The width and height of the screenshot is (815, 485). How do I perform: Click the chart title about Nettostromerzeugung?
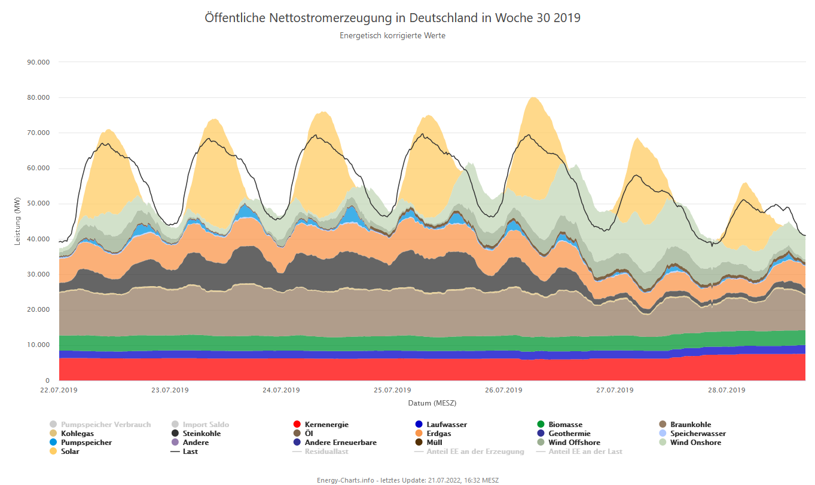[392, 18]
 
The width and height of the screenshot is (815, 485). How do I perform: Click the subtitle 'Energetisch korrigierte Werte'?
[392, 36]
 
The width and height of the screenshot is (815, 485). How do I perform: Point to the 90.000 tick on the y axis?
[39, 62]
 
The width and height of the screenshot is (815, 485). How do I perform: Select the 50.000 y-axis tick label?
[39, 204]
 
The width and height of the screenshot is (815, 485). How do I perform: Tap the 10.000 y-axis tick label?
[39, 345]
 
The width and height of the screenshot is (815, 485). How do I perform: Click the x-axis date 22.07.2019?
[59, 391]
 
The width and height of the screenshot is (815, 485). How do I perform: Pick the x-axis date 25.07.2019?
[392, 391]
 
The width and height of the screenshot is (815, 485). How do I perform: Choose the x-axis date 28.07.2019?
[726, 391]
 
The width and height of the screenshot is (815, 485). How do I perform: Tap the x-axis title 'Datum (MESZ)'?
[432, 403]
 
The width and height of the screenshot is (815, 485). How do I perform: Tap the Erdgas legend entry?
[439, 434]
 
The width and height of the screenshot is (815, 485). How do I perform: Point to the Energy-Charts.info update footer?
[408, 480]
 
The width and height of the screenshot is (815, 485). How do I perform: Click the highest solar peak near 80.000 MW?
[533, 98]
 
